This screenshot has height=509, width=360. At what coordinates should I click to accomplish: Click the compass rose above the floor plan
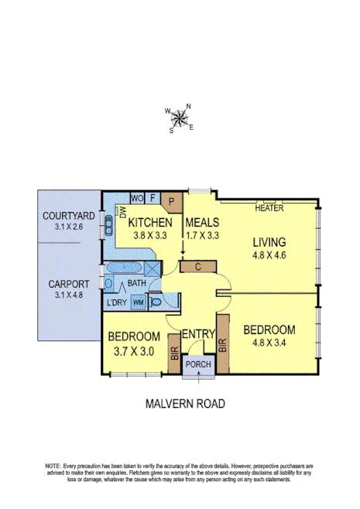click(x=180, y=118)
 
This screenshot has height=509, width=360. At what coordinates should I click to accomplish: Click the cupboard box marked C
click(x=199, y=266)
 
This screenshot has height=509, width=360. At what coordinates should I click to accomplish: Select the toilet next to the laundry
click(x=154, y=302)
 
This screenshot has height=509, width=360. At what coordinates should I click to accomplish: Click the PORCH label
click(x=199, y=365)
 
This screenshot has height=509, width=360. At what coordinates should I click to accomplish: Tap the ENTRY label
click(x=198, y=333)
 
